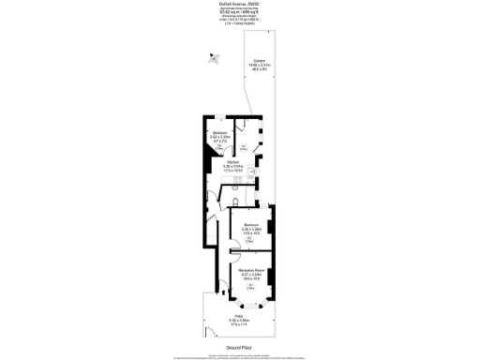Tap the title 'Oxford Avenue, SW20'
(240, 3)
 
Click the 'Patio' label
(240, 316)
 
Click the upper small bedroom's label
(219, 133)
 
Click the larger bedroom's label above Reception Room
(250, 225)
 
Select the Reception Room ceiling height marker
(250, 288)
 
